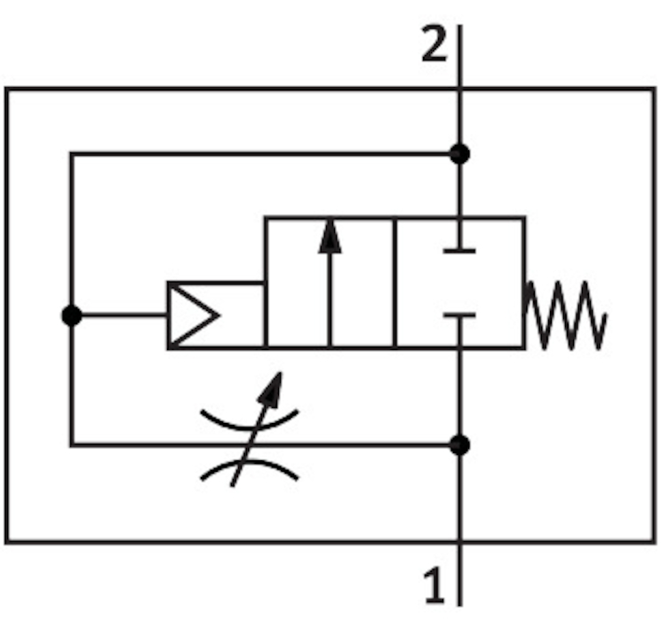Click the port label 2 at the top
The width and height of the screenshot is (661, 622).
pyautogui.click(x=434, y=43)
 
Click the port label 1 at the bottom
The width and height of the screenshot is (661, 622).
pyautogui.click(x=434, y=585)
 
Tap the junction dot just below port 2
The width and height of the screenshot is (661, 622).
pyautogui.click(x=459, y=154)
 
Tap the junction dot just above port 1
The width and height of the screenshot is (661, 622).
pyautogui.click(x=459, y=445)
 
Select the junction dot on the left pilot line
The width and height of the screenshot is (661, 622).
pyautogui.click(x=72, y=315)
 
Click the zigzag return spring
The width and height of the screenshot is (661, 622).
pyautogui.click(x=565, y=315)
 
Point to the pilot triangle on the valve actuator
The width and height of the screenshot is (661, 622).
pyautogui.click(x=194, y=315)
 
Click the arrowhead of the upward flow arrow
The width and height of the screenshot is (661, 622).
pyautogui.click(x=330, y=236)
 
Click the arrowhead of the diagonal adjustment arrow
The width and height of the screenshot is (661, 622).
pyautogui.click(x=271, y=389)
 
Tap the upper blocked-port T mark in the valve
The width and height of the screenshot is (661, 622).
pyautogui.click(x=459, y=251)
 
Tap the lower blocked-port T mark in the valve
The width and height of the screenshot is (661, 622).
pyautogui.click(x=459, y=315)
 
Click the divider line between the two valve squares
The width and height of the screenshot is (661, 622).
pyautogui.click(x=395, y=283)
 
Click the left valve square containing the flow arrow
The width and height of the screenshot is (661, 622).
pyautogui.click(x=330, y=283)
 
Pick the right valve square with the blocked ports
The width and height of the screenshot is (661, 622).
pyautogui.click(x=460, y=283)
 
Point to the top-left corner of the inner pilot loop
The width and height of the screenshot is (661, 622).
pyautogui.click(x=72, y=154)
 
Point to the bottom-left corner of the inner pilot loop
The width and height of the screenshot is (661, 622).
pyautogui.click(x=72, y=444)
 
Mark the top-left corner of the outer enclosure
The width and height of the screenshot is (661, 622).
pyautogui.click(x=7, y=89)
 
